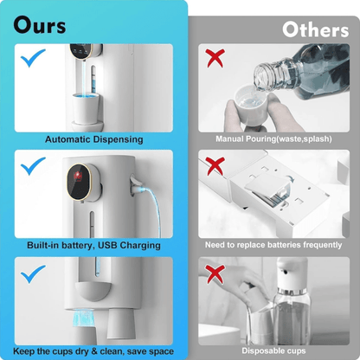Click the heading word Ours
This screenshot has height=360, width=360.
40,25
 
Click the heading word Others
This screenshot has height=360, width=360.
316,29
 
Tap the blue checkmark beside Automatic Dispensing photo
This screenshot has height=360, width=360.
33,58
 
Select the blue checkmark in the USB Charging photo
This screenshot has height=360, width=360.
33,166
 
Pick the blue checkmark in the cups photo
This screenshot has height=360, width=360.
33,273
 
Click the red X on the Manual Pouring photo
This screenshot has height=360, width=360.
215,58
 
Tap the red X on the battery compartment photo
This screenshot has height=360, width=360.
215,166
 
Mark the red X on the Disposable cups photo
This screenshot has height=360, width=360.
215,274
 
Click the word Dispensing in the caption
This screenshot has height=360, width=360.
118,139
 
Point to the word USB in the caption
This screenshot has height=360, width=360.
107,245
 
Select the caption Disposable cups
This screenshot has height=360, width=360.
273,350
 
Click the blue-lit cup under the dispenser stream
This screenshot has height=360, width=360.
86,108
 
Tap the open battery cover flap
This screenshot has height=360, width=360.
267,183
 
